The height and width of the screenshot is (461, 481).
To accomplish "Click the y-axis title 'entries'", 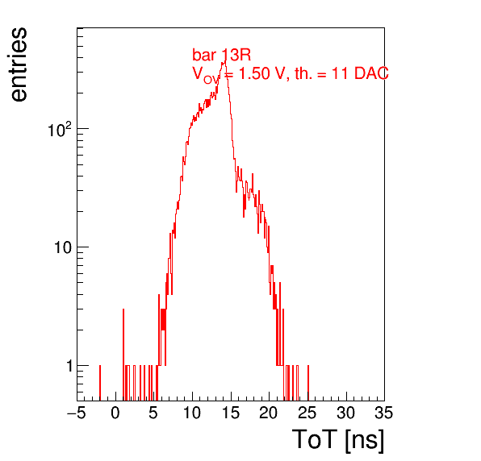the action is tap(19, 64).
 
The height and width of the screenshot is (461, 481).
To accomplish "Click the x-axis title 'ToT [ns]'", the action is tap(337, 440).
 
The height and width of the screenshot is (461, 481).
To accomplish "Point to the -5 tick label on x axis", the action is tap(77, 413).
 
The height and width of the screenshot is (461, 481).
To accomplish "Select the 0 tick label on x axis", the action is tap(115, 413).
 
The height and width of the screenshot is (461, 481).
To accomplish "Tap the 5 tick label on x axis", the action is tap(153, 413).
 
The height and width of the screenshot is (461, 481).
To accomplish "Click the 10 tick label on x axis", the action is tap(192, 413).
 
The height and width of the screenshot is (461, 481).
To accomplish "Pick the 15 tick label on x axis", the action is tap(231, 413).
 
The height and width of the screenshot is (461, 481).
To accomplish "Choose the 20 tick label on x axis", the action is tap(269, 413).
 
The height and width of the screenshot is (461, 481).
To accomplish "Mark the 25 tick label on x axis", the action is tap(307, 413).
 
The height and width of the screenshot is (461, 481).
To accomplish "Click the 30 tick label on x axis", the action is tap(346, 413).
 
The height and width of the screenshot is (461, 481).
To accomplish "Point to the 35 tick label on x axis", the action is tap(384, 413).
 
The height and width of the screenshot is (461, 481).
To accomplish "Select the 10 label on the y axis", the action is tap(63, 247).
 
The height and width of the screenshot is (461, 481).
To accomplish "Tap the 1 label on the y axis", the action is tap(69, 366).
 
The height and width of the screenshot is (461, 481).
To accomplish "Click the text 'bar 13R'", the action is tap(221, 55).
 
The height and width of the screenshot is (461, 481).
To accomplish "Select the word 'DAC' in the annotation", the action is tap(371, 73).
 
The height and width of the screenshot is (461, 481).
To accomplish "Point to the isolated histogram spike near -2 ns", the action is tap(100, 383).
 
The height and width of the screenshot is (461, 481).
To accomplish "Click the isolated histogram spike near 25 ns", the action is tap(308, 383).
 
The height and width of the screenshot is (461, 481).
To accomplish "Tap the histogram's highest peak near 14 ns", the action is tap(225, 61).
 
